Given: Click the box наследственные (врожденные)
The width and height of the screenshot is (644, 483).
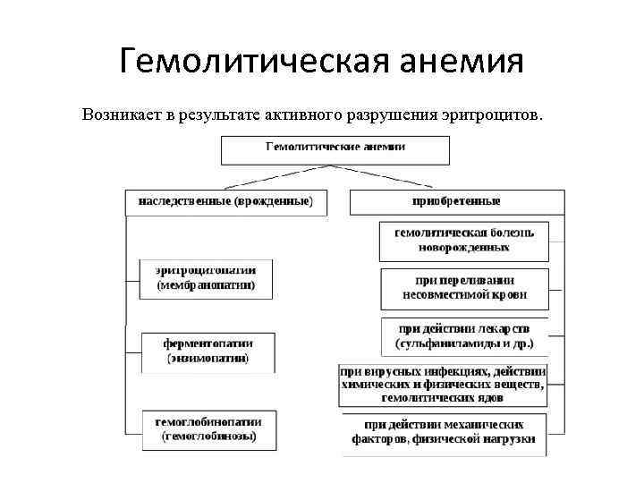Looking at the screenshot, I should click(226, 202).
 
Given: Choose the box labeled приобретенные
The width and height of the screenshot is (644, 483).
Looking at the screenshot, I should click(456, 202).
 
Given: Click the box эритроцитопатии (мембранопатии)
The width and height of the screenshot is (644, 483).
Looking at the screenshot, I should click(207, 278).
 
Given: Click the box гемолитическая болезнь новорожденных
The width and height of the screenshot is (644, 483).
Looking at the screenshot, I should click(464, 240).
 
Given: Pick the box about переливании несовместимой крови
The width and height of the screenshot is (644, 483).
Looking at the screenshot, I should click(464, 286).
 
